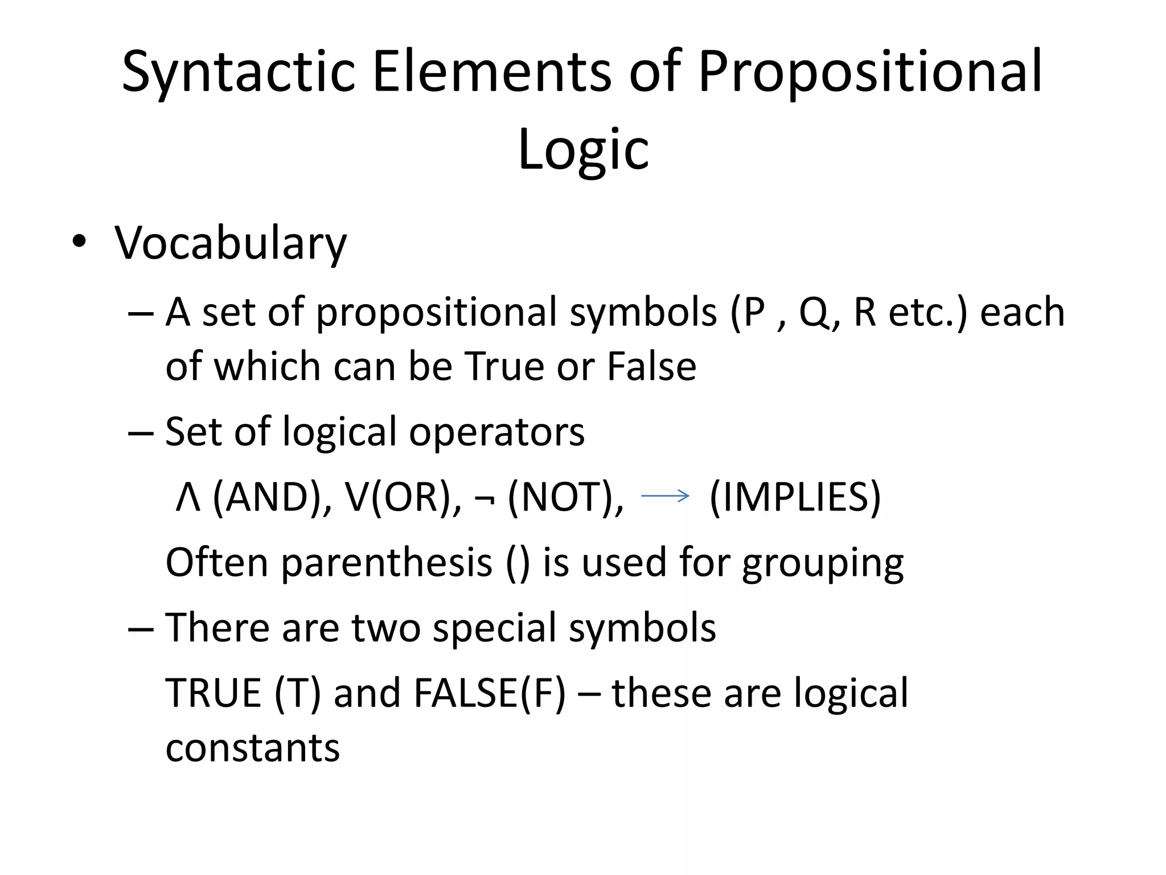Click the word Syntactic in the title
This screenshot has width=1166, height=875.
click(x=238, y=73)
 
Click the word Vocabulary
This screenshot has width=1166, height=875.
click(x=231, y=244)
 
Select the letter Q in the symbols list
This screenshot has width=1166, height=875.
click(x=815, y=312)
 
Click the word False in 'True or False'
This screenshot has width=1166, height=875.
click(x=651, y=366)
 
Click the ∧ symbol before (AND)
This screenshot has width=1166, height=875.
click(x=188, y=497)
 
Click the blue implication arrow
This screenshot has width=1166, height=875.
click(x=665, y=496)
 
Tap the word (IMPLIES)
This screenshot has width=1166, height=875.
click(x=795, y=497)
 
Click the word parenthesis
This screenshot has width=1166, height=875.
click(x=387, y=563)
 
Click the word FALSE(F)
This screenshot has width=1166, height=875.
click(x=490, y=693)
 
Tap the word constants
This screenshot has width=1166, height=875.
click(x=253, y=747)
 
